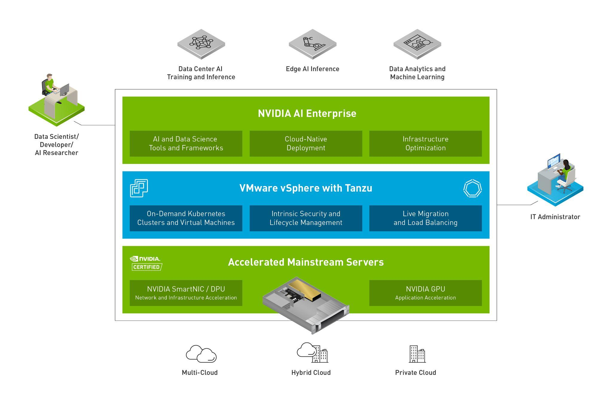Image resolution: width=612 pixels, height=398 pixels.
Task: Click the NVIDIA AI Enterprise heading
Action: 307,114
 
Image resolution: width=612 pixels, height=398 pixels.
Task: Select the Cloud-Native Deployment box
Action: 306,144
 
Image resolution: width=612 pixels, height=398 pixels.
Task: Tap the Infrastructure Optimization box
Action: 425,144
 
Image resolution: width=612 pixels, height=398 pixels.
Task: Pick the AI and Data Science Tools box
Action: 186,144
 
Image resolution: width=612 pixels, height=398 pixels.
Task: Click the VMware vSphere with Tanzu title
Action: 306,188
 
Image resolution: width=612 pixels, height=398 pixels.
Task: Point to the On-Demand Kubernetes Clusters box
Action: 186,218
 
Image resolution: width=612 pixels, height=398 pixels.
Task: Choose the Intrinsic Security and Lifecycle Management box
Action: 306,218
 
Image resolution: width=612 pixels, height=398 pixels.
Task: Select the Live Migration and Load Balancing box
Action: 425,218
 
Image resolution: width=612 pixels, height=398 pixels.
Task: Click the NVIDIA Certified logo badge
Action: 146,263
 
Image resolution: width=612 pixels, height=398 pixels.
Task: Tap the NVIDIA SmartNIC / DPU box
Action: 186,293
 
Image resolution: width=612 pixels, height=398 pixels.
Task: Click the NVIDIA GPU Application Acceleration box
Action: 425,293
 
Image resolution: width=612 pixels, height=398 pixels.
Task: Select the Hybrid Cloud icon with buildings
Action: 312,353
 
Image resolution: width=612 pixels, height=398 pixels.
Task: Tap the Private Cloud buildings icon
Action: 417,354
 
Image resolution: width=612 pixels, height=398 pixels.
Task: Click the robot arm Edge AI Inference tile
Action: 313,44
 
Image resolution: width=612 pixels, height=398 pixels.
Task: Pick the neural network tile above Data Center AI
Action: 201,44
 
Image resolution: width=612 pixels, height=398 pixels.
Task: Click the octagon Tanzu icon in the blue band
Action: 472,188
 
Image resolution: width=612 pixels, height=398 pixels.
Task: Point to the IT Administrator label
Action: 555,217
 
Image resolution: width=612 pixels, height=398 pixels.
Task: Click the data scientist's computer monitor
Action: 65,89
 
